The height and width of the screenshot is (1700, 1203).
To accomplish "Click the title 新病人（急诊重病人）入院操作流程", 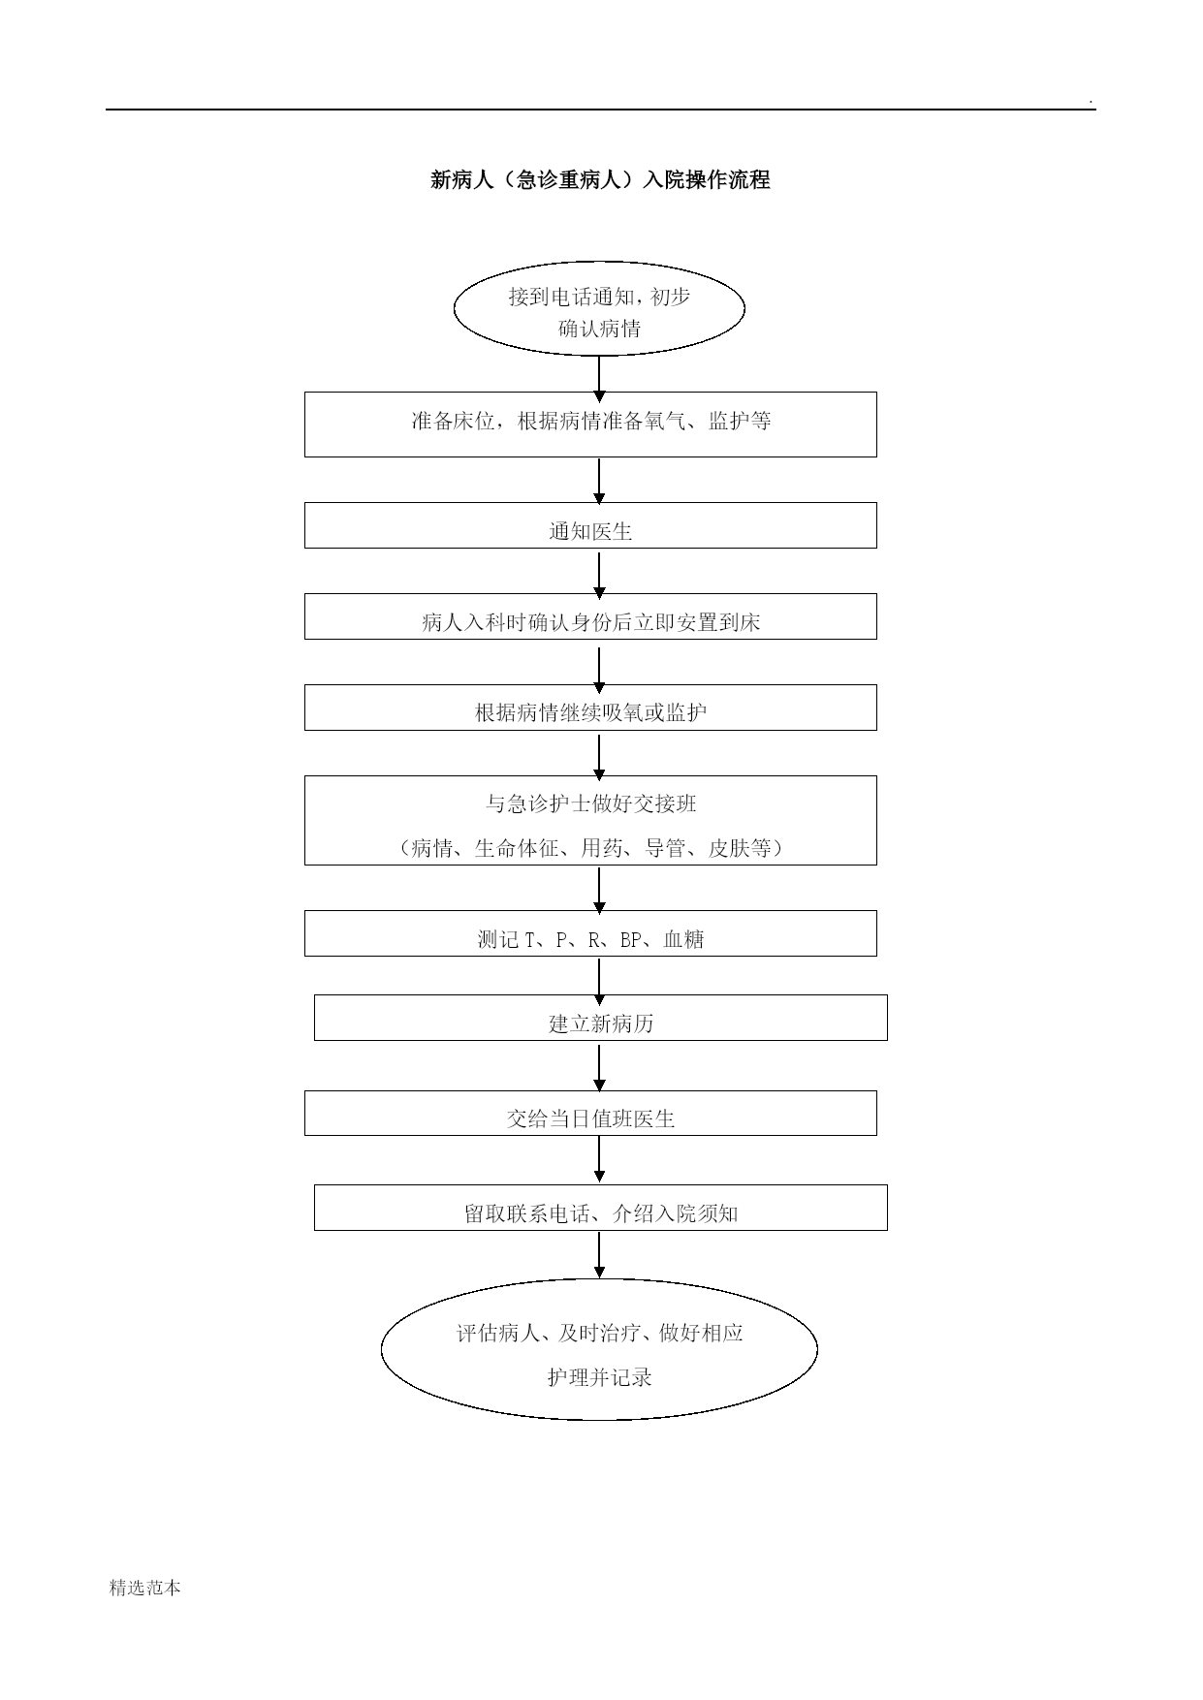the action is pyautogui.click(x=600, y=180).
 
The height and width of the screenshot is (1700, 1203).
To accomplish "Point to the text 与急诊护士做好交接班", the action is pyautogui.click(x=591, y=803).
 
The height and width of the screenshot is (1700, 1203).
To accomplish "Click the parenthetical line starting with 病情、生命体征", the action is pyautogui.click(x=591, y=848).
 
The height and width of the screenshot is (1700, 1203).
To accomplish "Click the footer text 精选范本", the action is pyautogui.click(x=145, y=1588).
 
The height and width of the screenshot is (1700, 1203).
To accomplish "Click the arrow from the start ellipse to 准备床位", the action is pyautogui.click(x=599, y=379).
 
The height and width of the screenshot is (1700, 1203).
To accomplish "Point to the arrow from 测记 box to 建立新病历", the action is pyautogui.click(x=599, y=982).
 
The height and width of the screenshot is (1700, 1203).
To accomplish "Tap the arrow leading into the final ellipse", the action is pyautogui.click(x=599, y=1255).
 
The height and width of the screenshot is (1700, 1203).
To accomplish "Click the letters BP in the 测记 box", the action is pyautogui.click(x=631, y=939).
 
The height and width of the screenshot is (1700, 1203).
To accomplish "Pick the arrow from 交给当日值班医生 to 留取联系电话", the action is pyautogui.click(x=599, y=1159).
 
